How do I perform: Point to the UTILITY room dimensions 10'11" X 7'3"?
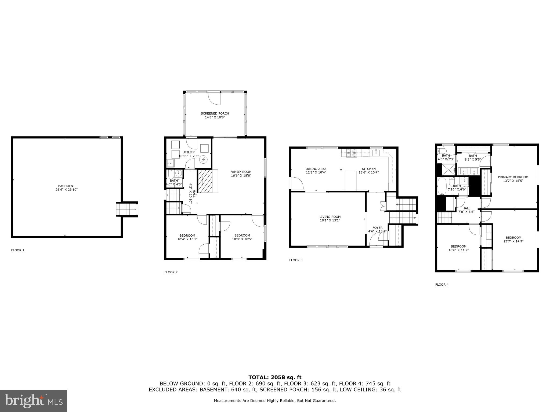coord(189,156)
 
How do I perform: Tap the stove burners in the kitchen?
coord(351,153)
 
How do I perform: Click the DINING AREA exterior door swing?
coord(297,183)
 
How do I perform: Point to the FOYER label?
coord(377,228)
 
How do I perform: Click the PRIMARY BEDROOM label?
coord(513,177)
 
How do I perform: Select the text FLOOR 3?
coord(296,260)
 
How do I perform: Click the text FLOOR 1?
coord(17,250)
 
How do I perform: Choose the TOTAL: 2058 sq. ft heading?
coord(275,377)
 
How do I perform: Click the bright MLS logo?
coord(34,401)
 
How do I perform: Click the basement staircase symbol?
coord(126,209)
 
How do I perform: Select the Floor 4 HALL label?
coord(466,208)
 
